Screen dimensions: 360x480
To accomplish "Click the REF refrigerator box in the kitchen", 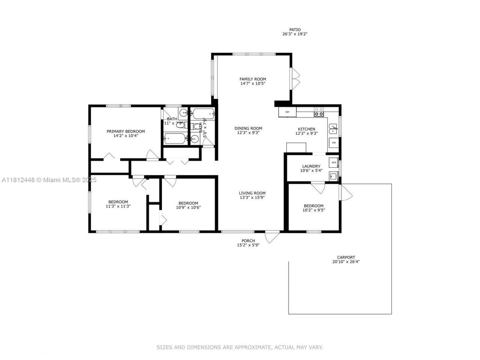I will [x=287, y=112].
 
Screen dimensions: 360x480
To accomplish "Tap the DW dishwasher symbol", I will [x=333, y=143].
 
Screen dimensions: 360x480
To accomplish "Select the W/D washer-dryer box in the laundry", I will [x=333, y=162].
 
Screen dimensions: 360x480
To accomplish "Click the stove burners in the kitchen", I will [x=319, y=112].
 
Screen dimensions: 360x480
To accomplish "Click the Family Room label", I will [x=253, y=79].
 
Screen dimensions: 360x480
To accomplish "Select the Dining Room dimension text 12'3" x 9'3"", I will [x=248, y=133].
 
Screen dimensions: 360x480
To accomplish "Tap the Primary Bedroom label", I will [x=126, y=131].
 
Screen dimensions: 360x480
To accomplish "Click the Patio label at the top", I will [x=295, y=30].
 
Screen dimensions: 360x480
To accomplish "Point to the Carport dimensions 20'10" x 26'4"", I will [x=346, y=262].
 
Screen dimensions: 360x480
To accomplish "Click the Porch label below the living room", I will [x=248, y=241].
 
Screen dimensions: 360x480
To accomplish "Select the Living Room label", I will [x=252, y=193].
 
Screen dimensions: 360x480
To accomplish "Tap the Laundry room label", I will [x=311, y=166].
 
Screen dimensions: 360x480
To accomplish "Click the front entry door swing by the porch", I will [x=272, y=237].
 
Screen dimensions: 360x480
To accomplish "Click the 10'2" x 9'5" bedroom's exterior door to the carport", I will [x=346, y=192].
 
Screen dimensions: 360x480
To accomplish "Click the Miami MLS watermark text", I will [x=49, y=180].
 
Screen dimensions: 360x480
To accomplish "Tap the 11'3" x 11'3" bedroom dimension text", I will [x=118, y=206].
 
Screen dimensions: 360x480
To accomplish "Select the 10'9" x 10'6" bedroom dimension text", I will [x=188, y=207].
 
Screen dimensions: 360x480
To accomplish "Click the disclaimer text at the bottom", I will [x=240, y=348].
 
